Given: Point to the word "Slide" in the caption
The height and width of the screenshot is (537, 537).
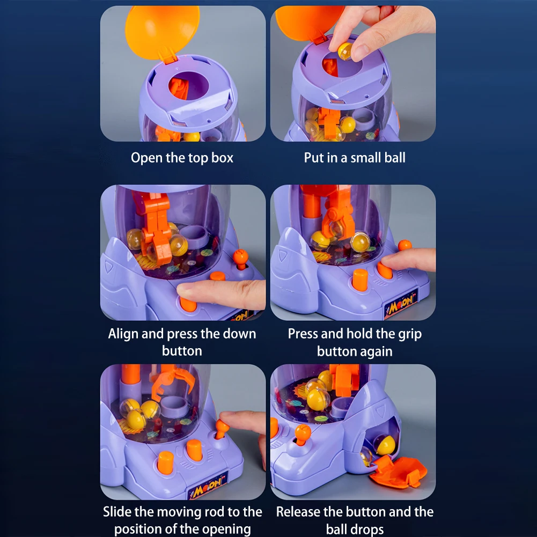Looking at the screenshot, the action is click(x=117, y=512).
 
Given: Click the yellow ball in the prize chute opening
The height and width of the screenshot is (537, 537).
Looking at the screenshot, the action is click(x=385, y=445).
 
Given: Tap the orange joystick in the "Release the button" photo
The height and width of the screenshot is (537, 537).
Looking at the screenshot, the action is click(x=302, y=433).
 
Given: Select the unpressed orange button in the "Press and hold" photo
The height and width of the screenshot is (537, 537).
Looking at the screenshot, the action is click(x=360, y=280).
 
